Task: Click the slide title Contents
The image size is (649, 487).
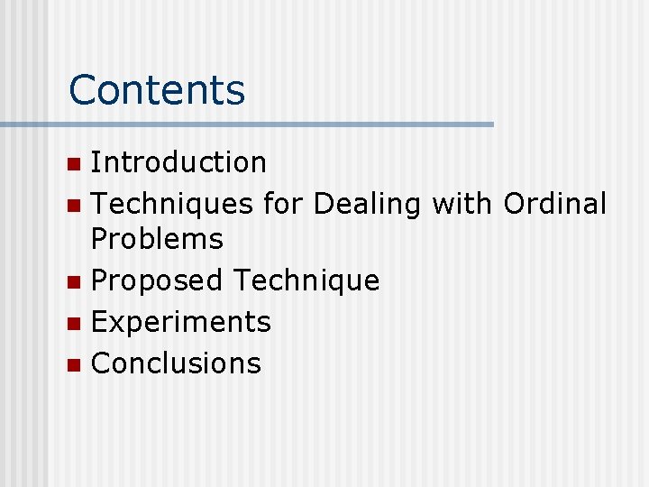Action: pyautogui.click(x=157, y=90)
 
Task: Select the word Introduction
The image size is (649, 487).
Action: pyautogui.click(x=178, y=162)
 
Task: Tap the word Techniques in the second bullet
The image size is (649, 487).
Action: pyautogui.click(x=171, y=205)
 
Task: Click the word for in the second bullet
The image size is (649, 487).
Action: pyautogui.click(x=282, y=205)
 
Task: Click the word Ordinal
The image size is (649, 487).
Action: pyautogui.click(x=555, y=205)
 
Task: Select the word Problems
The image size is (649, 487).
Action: pyautogui.click(x=157, y=239)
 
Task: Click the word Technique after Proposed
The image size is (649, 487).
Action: pyautogui.click(x=306, y=281)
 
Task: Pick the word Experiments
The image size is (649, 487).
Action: pyautogui.click(x=181, y=322)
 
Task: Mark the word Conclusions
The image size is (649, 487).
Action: pyautogui.click(x=176, y=363)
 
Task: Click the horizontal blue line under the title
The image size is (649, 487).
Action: pyautogui.click(x=270, y=124)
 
